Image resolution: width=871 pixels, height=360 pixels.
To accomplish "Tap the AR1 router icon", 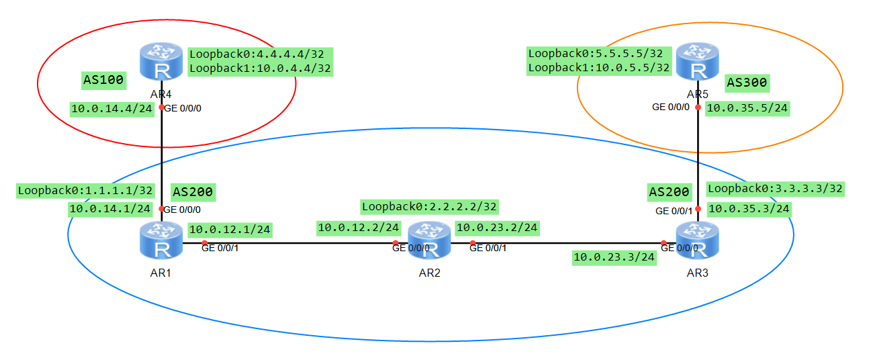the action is tap(161, 240).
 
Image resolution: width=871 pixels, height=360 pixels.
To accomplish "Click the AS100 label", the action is tap(103, 80).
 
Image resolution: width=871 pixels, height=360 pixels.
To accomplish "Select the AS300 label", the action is tap(747, 83).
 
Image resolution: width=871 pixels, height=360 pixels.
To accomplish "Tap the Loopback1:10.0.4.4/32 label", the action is tap(261, 68).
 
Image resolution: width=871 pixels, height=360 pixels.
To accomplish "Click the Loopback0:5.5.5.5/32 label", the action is tap(596, 53).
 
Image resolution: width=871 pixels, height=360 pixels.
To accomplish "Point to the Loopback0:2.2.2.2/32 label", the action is tap(429, 207).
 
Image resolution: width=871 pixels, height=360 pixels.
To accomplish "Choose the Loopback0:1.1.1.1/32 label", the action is tap(86, 191).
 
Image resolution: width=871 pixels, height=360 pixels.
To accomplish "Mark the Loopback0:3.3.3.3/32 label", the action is tap(776, 189).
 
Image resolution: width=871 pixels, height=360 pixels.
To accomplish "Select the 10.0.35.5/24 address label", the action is tap(748, 108).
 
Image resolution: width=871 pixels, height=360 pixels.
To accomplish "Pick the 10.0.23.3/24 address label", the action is tap(614, 257).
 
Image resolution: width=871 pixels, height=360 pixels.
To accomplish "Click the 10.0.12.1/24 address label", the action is tap(230, 230).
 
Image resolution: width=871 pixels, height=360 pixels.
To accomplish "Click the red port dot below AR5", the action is tap(698, 107).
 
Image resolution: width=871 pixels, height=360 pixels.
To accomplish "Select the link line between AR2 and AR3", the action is tap(567, 242).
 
